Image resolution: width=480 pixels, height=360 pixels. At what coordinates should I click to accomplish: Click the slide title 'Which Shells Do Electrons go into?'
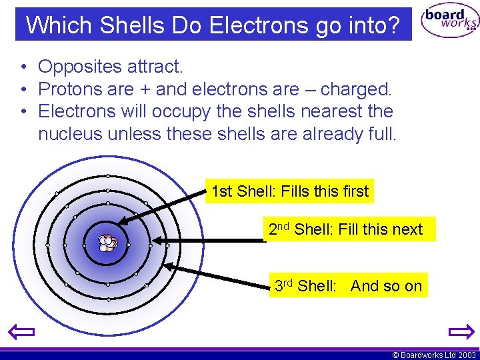213,25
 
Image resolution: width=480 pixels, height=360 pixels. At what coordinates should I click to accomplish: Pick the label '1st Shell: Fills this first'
289,191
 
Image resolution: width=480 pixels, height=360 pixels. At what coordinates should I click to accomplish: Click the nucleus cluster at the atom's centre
107,243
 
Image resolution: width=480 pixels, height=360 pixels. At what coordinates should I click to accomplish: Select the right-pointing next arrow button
460,331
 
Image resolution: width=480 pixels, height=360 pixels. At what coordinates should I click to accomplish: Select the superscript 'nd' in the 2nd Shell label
283,226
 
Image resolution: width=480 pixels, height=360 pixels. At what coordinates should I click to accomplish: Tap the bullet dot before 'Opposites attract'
23,67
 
